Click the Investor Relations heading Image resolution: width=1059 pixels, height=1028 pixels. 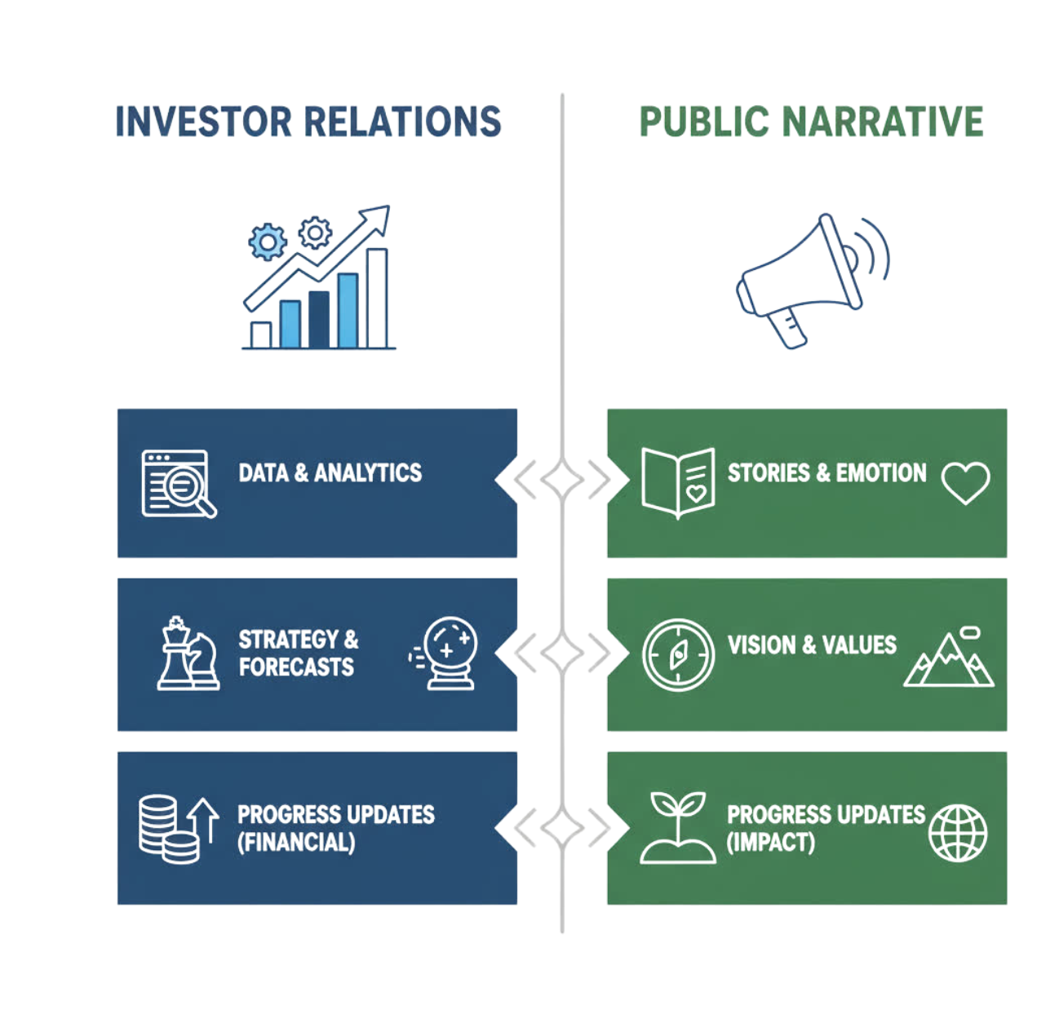tap(308, 122)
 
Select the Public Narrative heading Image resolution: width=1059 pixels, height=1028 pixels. tap(811, 122)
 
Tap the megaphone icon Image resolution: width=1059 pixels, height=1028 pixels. tap(812, 279)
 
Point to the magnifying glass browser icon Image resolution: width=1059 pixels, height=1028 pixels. tap(179, 483)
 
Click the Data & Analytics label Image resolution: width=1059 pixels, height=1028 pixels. tap(330, 473)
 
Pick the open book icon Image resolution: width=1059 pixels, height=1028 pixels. tap(678, 483)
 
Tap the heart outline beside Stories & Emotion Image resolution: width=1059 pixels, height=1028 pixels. tap(965, 482)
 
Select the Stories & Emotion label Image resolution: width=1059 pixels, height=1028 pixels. tap(826, 473)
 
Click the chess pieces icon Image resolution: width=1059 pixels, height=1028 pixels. tap(188, 654)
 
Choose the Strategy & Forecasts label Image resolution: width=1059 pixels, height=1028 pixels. tap(298, 654)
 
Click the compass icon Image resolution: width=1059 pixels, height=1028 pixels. tap(678, 654)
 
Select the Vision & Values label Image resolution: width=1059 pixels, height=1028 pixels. tap(812, 645)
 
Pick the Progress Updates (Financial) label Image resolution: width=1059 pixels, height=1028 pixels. tap(335, 828)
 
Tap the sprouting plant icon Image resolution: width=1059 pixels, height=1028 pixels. tap(678, 827)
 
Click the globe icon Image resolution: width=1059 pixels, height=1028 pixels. tap(958, 833)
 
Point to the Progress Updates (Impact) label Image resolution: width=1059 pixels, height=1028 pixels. tap(825, 828)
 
